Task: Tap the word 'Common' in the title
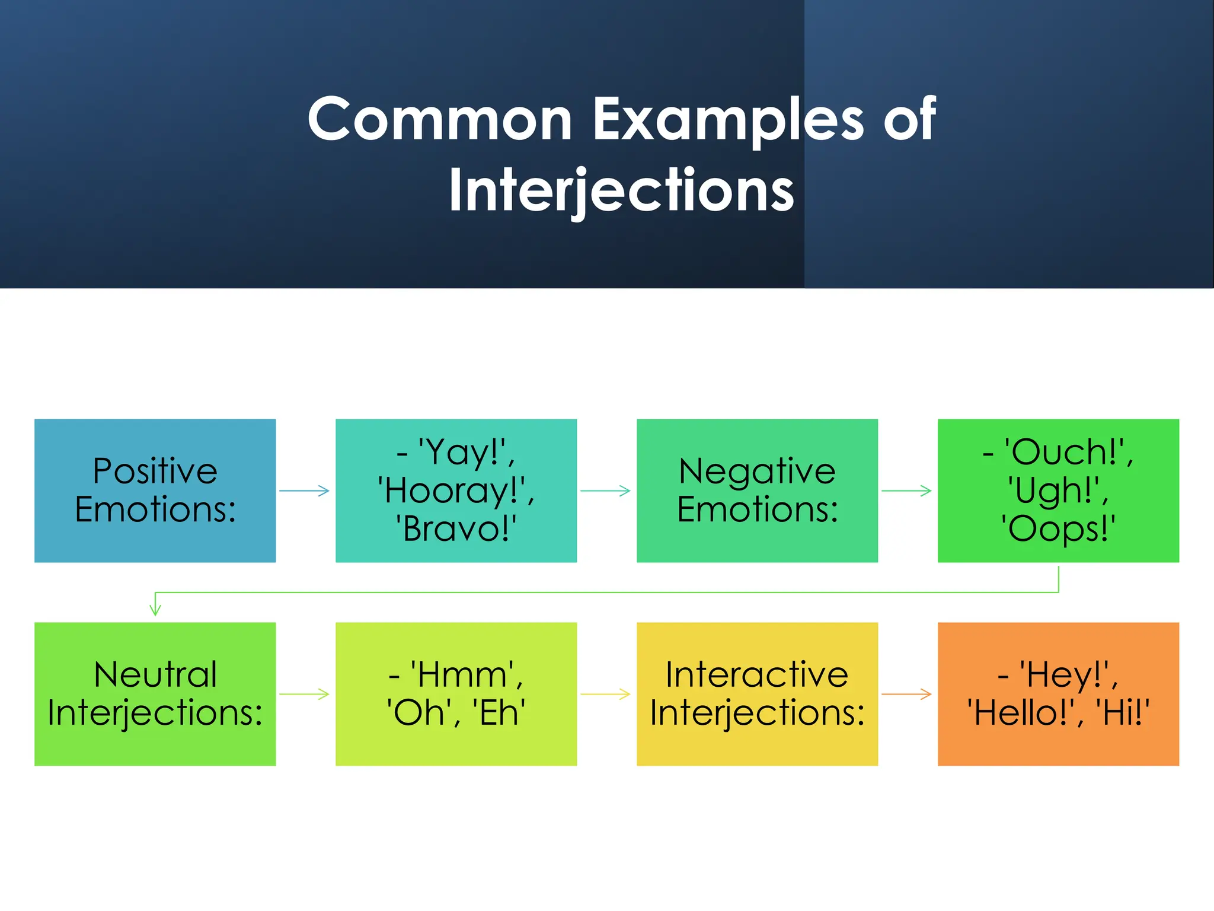[x=440, y=120]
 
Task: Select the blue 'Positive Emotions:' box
[x=155, y=490]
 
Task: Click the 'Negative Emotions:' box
[x=757, y=490]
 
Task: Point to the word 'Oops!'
[x=1058, y=529]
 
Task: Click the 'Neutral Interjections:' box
[x=155, y=694]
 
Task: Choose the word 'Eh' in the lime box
[x=499, y=713]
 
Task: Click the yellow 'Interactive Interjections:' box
[x=757, y=694]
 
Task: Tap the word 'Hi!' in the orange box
[x=1123, y=713]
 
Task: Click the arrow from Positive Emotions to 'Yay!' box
[x=304, y=490]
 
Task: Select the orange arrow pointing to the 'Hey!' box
[x=906, y=694]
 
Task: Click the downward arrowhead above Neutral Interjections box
[x=155, y=609]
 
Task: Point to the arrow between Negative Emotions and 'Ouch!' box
[x=906, y=490]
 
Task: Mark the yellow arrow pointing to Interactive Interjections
[x=605, y=694]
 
